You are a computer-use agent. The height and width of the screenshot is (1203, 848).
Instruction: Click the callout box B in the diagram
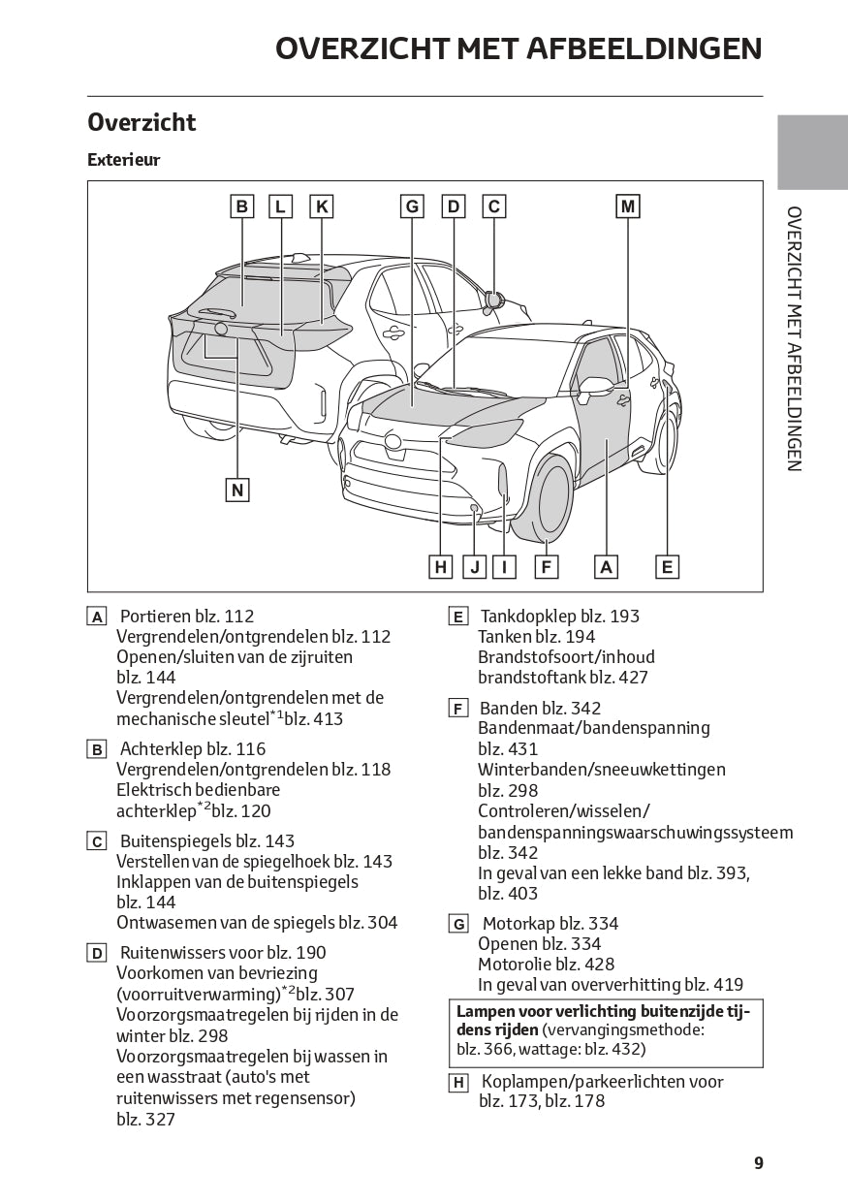pos(242,206)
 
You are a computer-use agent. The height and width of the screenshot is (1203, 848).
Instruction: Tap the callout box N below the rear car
pos(237,491)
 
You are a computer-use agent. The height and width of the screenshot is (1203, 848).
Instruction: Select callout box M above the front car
pos(628,206)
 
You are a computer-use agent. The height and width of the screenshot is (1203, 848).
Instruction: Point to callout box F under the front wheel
pos(547,567)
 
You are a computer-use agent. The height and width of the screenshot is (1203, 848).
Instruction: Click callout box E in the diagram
pos(667,567)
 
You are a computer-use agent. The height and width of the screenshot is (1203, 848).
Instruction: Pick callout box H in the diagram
pos(441,567)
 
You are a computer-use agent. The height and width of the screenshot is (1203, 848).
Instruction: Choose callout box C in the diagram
pos(494,206)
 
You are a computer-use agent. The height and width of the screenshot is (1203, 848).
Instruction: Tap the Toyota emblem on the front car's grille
pos(393,442)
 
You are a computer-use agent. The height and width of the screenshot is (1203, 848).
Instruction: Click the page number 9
pos(759,1163)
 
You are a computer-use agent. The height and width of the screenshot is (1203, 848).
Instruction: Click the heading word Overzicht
pos(141,122)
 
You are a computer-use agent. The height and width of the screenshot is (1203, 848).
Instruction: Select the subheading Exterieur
pos(123,160)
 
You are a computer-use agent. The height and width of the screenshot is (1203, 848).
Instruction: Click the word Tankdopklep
pos(529,617)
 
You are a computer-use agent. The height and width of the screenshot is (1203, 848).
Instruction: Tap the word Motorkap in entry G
pos(518,924)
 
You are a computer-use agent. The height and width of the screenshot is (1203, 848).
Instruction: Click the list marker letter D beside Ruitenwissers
pos(97,954)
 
